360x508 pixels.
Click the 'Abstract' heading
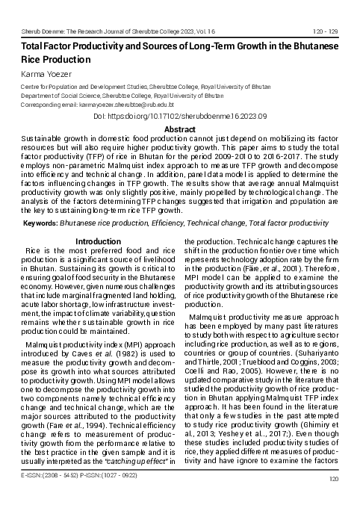coord(179,129)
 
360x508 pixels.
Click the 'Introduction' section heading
coord(99,241)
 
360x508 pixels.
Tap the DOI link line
coord(179,117)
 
